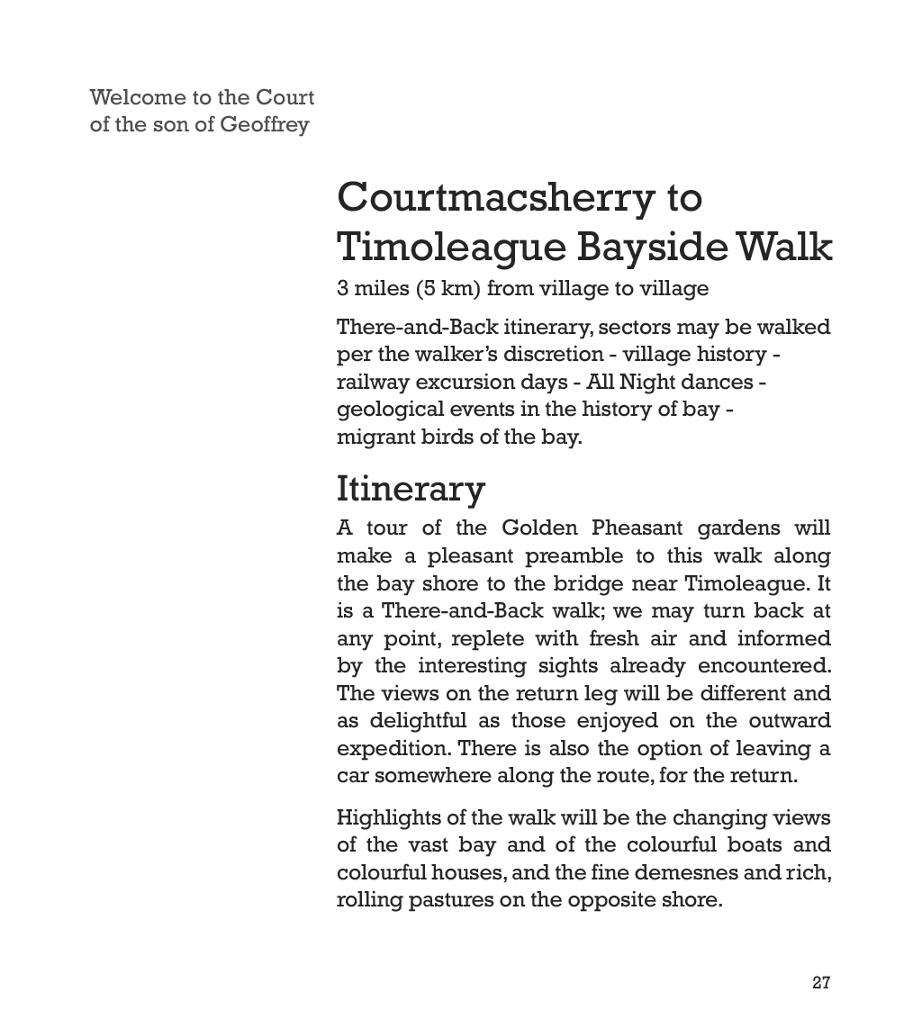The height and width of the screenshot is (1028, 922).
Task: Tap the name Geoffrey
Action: click(x=265, y=124)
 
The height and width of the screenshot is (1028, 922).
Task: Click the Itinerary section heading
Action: click(x=411, y=489)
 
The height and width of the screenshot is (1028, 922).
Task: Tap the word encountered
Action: click(x=765, y=666)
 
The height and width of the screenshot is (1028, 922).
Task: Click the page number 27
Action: click(x=820, y=982)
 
